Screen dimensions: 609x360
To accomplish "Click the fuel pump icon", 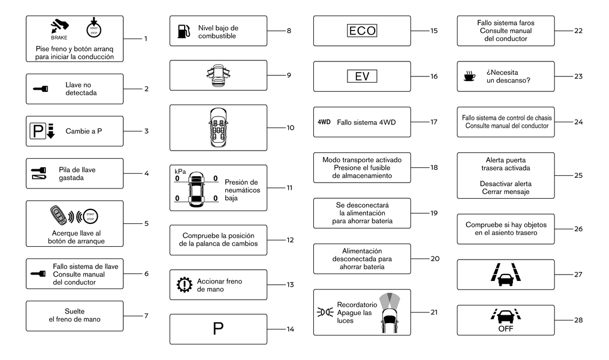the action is pos(184,32).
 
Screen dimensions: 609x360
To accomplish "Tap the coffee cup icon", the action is pos(470,76).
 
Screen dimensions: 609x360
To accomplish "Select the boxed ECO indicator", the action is pos(362,31).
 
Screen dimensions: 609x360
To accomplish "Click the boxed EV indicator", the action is pos(362,76).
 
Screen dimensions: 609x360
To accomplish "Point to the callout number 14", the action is pos(290,329).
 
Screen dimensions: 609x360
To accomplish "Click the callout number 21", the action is pos(434,312).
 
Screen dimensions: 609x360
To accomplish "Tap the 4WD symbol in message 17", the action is pos(324,122).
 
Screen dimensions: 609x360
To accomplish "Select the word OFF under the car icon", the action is pos(505,329).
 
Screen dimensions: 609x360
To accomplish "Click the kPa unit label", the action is pos(180,171).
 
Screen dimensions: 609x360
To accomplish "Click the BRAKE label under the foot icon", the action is pos(59,38).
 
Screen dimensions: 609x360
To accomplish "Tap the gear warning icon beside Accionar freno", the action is pos(184,285).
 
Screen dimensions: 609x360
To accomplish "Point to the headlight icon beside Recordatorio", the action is pos(325,312).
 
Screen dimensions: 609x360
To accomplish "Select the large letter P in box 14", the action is pos(218,329).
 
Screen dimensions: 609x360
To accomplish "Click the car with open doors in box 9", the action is pos(218,75).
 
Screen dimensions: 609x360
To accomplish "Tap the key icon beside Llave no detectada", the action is pos(41,89).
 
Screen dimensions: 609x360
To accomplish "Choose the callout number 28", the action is pos(579,320).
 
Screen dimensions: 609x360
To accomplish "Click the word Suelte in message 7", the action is pos(75,311).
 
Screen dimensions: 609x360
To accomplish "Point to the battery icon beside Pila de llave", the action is pos(39,177).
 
